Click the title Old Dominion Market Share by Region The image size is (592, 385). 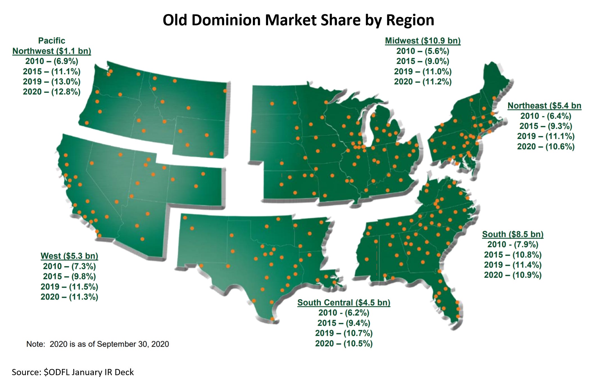click(298, 20)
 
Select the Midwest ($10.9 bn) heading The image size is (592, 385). click(423, 41)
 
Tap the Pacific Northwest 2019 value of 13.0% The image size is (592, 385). click(52, 82)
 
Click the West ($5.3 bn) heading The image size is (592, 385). click(69, 256)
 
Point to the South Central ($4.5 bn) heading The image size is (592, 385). click(344, 303)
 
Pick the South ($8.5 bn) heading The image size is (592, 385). click(512, 234)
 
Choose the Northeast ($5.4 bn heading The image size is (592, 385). click(544, 106)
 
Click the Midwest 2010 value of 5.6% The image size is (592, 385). click(423, 51)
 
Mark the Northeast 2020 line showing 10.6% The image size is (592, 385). click(546, 147)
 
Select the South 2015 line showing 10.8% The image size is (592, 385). click(512, 255)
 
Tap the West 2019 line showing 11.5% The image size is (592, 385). click(69, 287)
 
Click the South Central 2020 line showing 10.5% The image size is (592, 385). click(344, 344)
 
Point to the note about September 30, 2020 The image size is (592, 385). click(97, 344)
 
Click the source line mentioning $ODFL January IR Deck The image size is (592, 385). click(73, 372)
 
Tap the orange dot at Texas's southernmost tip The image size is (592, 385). click(272, 319)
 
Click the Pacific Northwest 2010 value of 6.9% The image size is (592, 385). click(52, 61)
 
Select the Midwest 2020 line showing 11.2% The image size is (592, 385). click(423, 82)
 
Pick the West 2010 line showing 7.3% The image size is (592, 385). click(69, 266)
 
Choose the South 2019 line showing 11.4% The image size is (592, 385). click(512, 265)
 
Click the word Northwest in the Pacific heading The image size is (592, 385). click(33, 51)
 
